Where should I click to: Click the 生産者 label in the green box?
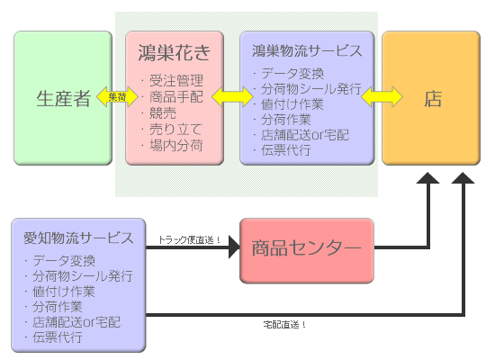64,98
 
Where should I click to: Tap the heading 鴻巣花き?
175,52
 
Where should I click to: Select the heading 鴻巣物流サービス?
307,50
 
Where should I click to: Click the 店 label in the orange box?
433,98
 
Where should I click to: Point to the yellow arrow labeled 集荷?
117,96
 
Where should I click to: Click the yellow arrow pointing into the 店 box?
382,96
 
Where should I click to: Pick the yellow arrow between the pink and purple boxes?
232,96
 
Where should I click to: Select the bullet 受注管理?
176,80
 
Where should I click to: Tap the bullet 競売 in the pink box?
163,112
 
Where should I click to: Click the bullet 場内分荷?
176,145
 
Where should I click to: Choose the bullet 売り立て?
175,129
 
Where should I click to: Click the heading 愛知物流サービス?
78,238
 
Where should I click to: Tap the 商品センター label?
306,247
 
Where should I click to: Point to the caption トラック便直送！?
189,240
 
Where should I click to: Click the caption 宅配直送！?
284,324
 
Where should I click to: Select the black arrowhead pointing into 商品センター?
235,247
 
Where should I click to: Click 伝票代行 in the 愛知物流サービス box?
58,337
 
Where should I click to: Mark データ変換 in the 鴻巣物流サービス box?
292,74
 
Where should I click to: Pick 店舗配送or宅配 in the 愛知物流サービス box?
76,322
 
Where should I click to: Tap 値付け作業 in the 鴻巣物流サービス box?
292,104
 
